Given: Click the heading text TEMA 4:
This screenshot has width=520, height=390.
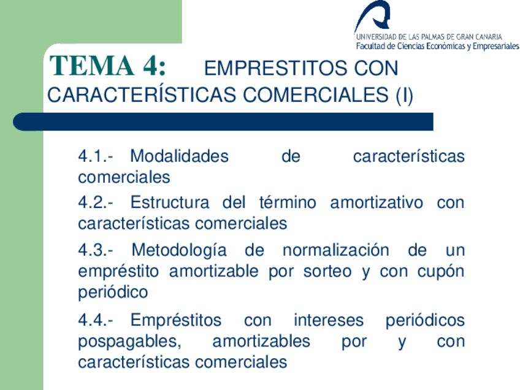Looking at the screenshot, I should click(x=107, y=66).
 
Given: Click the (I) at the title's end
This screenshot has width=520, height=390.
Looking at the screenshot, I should click(x=403, y=96).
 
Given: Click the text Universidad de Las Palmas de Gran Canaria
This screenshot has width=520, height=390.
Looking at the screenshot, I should click(x=428, y=36).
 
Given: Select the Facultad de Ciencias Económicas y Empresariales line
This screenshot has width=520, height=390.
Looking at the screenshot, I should click(x=437, y=46).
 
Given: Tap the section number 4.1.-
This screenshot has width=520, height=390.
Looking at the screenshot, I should click(x=96, y=156).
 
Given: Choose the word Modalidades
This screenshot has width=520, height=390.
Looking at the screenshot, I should click(x=179, y=156).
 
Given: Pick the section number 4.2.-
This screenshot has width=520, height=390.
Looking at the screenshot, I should click(x=96, y=202).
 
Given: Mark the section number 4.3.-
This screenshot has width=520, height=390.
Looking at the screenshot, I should click(x=96, y=251).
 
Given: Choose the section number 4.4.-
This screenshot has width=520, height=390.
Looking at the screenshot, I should click(x=96, y=320).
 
